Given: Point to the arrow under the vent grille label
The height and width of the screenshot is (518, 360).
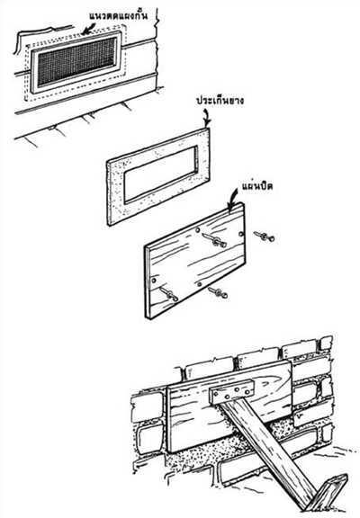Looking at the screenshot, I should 85,30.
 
